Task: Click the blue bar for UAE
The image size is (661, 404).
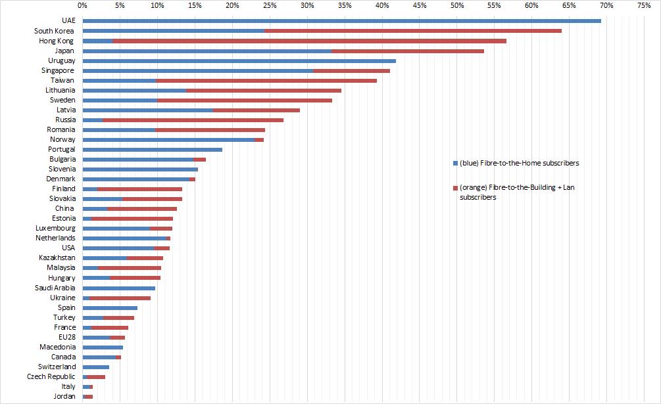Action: coord(341,21)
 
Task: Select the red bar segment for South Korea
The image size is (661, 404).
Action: coord(412,31)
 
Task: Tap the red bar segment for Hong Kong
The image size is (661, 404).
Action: coord(309,41)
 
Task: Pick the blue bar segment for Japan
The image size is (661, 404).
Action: coord(207,51)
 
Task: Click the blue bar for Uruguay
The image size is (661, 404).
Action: coord(239,60)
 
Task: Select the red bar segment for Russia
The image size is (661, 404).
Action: coord(193,120)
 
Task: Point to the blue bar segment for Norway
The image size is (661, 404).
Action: coord(168,139)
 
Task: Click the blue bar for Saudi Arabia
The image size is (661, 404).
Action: coord(118,288)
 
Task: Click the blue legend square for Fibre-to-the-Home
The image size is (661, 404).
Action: coord(454,163)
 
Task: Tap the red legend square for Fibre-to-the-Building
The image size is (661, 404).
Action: coord(454,188)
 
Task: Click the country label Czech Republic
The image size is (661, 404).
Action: coord(51,376)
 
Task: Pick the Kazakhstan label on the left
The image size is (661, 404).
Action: coord(57,258)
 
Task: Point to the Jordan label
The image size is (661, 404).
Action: coord(64,396)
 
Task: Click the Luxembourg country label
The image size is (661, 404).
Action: coord(55,228)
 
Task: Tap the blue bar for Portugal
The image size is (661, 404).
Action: coord(152,149)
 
